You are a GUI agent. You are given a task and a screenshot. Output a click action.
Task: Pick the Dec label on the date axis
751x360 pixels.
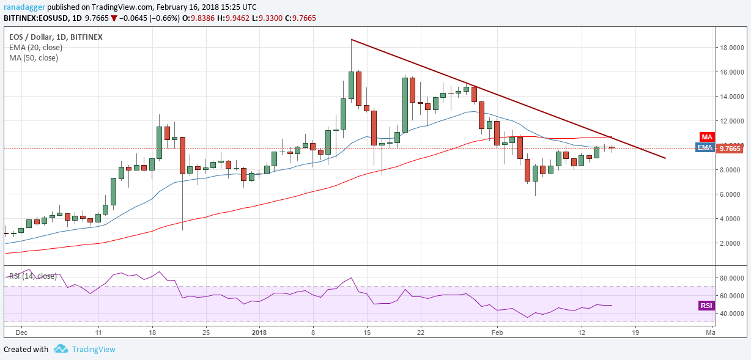pyautogui.click(x=21, y=332)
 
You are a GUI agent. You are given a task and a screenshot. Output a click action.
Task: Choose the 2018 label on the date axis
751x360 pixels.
pyautogui.click(x=259, y=332)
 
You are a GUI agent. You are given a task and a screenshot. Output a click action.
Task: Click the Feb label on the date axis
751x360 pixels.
pyautogui.click(x=497, y=332)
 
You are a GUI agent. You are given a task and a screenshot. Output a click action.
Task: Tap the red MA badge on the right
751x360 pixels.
pyautogui.click(x=707, y=138)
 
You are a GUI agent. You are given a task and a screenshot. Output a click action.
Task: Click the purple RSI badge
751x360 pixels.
pyautogui.click(x=707, y=305)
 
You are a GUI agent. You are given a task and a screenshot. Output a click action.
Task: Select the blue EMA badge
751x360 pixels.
pyautogui.click(x=705, y=147)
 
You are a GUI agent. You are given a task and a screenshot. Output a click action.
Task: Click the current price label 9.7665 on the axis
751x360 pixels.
pyautogui.click(x=729, y=148)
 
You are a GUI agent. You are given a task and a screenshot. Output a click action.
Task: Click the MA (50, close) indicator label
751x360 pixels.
pyautogui.click(x=33, y=58)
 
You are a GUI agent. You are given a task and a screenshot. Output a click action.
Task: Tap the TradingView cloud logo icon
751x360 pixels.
pyautogui.click(x=61, y=349)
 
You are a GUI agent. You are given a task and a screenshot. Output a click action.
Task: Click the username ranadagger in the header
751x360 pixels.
pyautogui.click(x=24, y=7)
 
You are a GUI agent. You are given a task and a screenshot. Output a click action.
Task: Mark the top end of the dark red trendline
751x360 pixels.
pyautogui.click(x=352, y=40)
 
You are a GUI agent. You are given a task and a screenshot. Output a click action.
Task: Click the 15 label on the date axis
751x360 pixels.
pyautogui.click(x=366, y=332)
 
